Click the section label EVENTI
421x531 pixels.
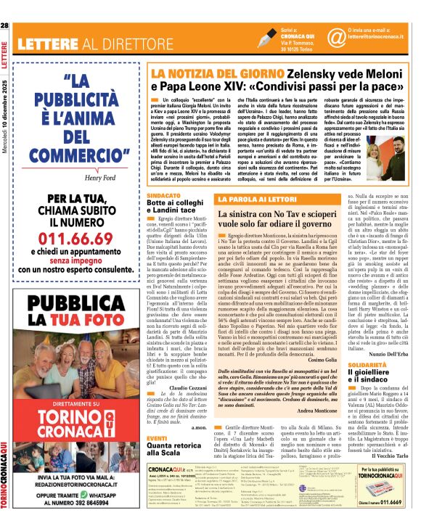click(x=158, y=419)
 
